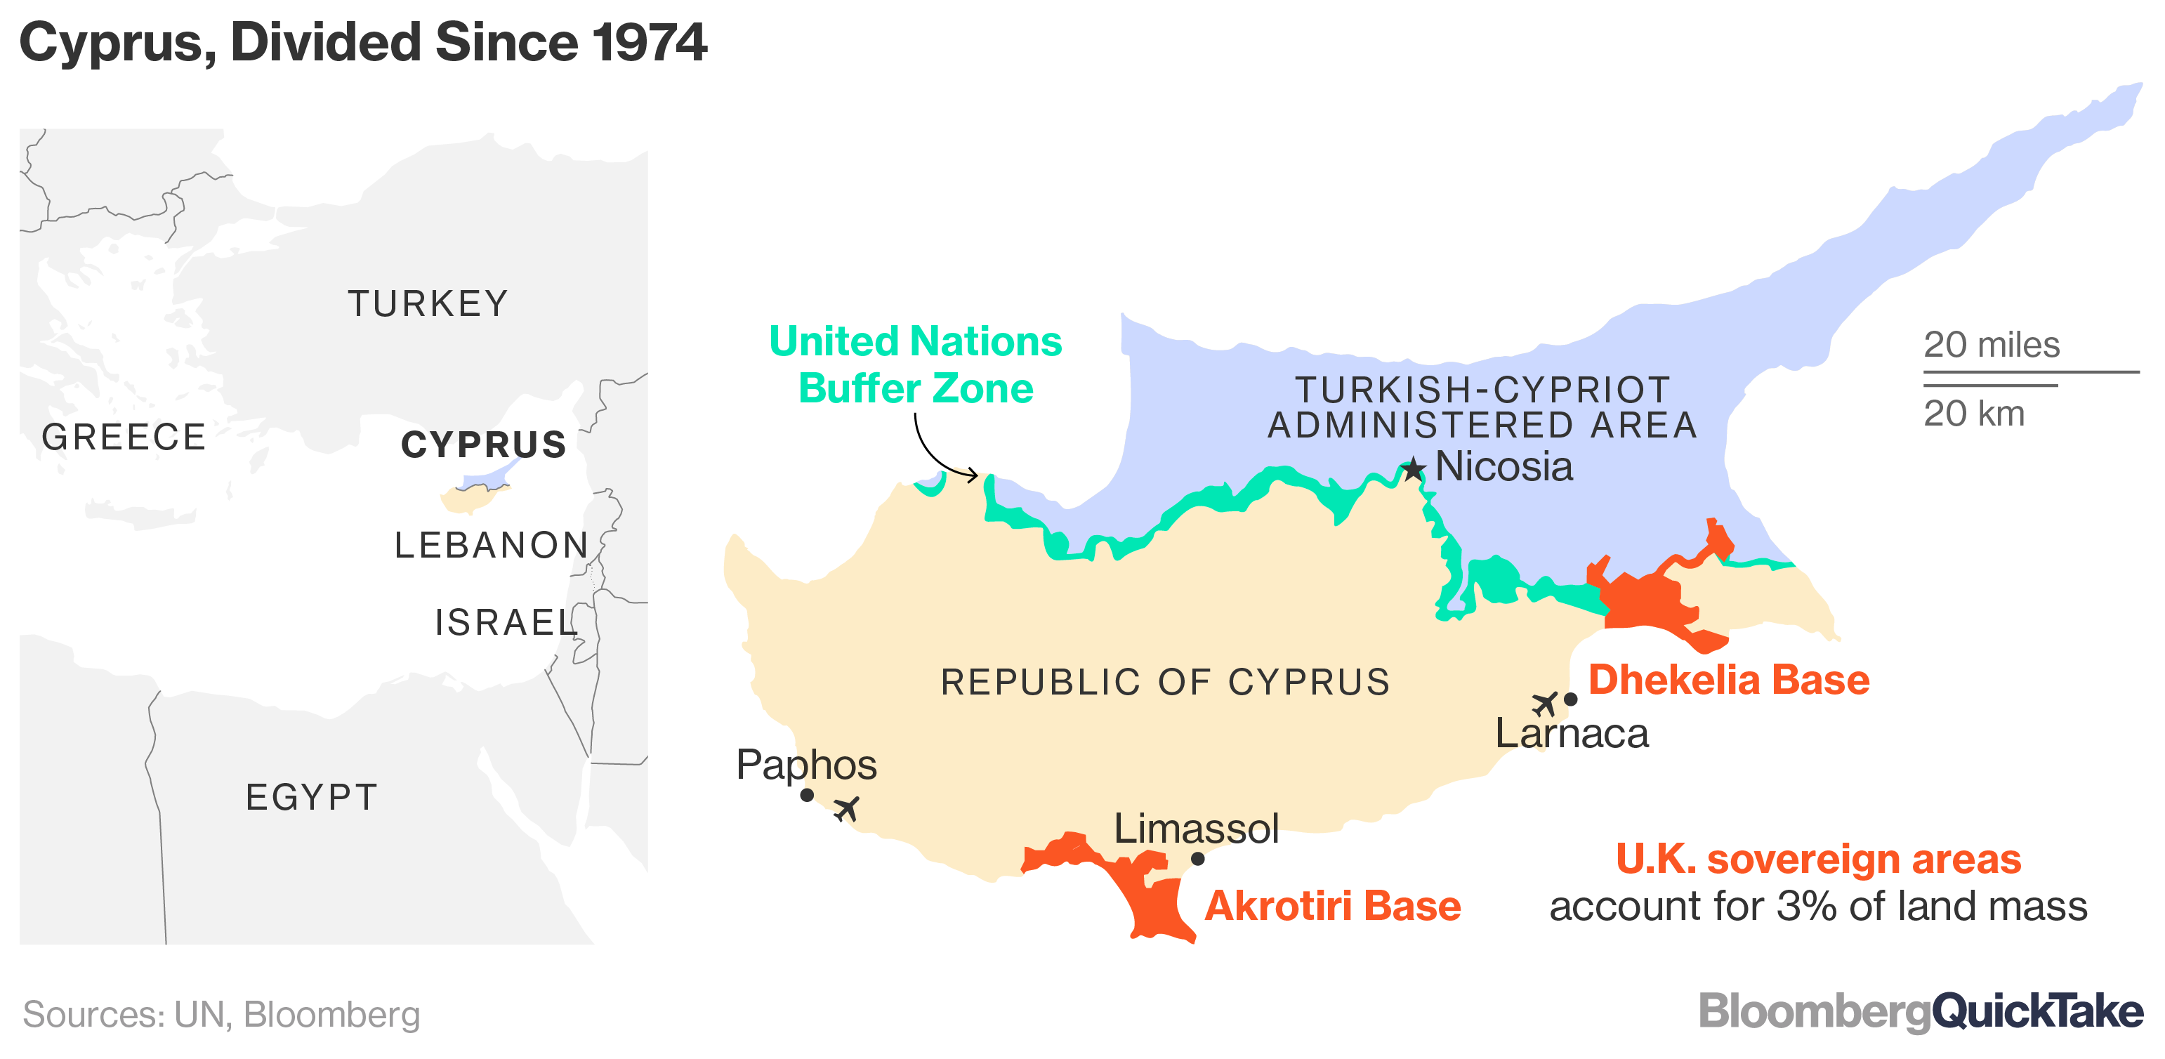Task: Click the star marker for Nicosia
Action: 1414,469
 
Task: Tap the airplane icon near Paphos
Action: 846,808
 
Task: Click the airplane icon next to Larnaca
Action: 1545,703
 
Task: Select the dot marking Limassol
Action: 1197,859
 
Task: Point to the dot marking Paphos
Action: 807,795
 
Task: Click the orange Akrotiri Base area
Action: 1152,900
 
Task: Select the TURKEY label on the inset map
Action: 428,303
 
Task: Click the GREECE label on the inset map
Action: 124,437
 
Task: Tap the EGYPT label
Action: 312,797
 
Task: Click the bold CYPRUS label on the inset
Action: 484,445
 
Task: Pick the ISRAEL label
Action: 506,623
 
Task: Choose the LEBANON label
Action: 492,546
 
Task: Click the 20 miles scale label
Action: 1991,345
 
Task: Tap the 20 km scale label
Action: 1973,414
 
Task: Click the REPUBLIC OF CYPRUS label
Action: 1165,682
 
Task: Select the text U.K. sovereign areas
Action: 1818,859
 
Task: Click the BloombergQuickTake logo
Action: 1921,1012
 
